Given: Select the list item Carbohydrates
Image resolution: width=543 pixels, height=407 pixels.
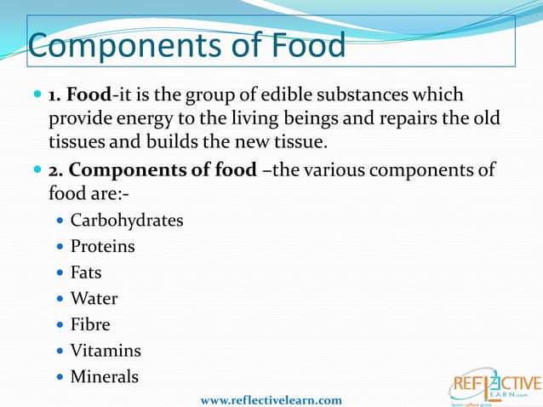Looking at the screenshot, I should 126,221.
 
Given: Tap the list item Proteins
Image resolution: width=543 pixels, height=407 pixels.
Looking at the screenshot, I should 102,247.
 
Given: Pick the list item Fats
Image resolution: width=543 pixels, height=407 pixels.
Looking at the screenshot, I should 86,272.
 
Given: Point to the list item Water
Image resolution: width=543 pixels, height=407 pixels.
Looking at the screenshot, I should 94,299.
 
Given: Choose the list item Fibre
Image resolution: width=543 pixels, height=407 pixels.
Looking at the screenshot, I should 90,324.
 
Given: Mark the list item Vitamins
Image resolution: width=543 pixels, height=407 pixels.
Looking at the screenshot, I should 106,351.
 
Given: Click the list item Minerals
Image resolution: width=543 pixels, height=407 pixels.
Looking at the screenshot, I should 104,376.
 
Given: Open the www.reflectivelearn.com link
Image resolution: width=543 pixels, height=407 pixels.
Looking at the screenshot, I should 271,399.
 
